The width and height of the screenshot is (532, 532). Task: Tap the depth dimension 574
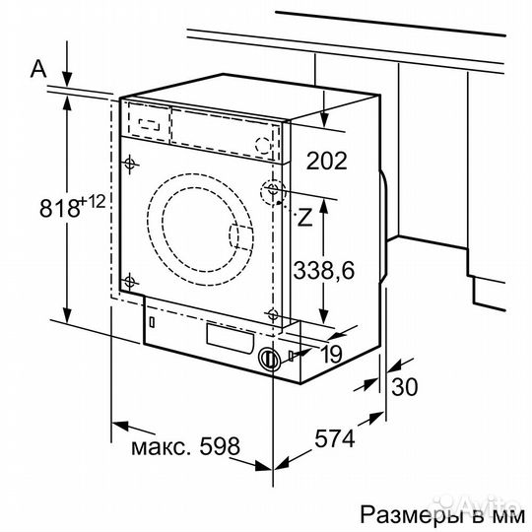pos(335,439)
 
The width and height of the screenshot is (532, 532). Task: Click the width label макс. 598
pos(184,446)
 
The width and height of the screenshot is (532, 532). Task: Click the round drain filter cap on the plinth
pos(267,360)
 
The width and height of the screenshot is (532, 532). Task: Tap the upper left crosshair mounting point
pos(131,164)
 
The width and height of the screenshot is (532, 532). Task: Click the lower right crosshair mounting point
pos(272,314)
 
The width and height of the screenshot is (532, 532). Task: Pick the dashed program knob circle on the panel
pos(262,144)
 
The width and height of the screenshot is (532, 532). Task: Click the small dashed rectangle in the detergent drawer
pos(150,124)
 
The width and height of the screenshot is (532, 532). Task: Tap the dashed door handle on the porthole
pos(237,235)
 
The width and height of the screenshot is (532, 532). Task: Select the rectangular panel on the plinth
pos(226,337)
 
